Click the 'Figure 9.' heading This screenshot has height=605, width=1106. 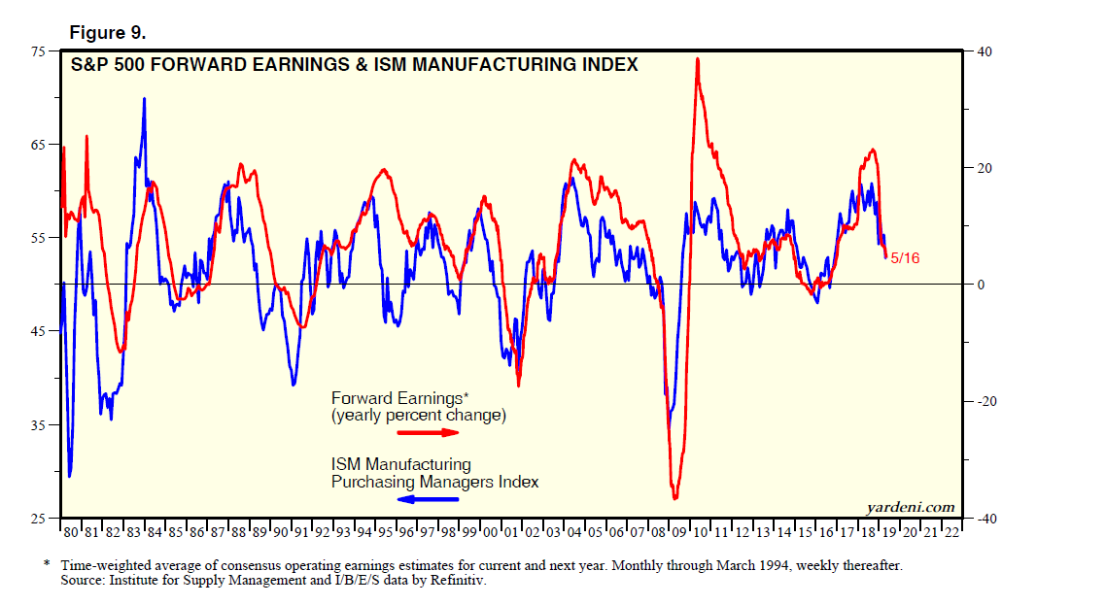point(107,32)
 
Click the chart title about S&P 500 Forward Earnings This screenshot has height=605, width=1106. point(354,65)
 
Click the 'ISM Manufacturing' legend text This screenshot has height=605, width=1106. point(401,464)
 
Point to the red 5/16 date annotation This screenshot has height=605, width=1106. point(905,258)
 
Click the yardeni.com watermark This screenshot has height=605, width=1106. point(910,507)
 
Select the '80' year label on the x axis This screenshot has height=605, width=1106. point(71,533)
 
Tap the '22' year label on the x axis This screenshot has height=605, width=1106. point(950,533)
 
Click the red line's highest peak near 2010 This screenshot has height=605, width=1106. point(697,59)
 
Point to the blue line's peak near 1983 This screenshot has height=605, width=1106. point(145,98)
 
